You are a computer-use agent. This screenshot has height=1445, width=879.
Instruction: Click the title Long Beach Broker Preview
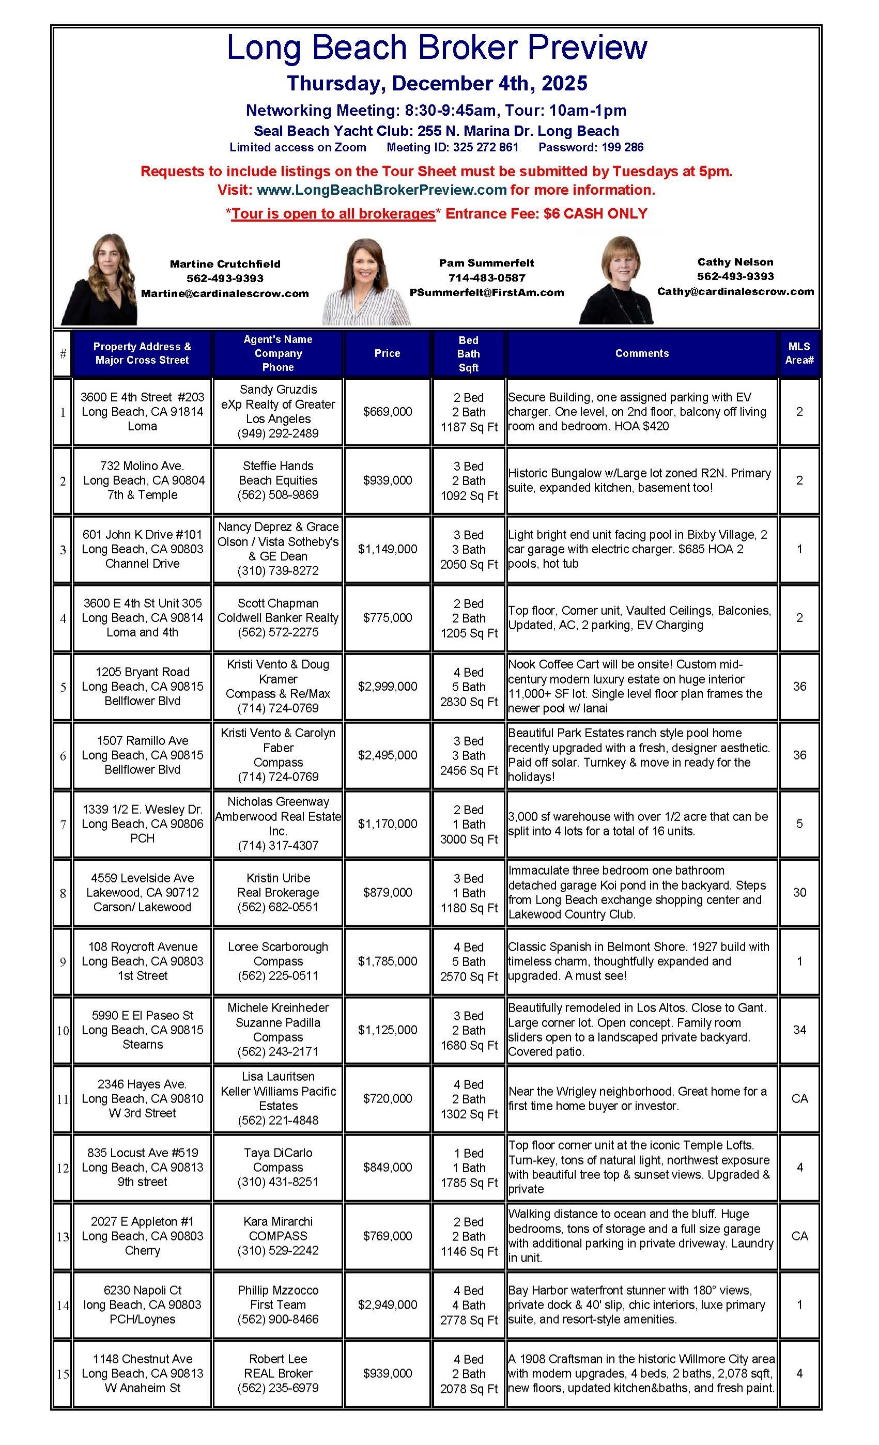tap(437, 48)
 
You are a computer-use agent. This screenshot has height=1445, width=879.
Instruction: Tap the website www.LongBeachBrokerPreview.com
tap(381, 190)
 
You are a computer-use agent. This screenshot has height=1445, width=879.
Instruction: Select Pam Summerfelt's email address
tap(486, 292)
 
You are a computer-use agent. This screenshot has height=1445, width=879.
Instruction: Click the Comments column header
tap(641, 353)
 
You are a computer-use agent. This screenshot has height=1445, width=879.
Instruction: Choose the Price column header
tap(387, 353)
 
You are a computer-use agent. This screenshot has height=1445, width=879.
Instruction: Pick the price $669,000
tap(387, 412)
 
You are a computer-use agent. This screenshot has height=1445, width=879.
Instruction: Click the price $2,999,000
tap(387, 686)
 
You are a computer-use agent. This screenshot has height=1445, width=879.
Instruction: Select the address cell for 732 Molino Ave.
tap(142, 480)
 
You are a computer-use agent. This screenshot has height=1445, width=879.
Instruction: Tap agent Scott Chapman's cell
tap(277, 617)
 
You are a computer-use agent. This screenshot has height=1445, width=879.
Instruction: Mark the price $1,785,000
tap(387, 961)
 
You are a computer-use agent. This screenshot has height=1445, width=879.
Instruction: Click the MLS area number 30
tap(799, 892)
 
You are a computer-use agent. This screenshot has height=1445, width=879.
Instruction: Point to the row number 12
tap(63, 1168)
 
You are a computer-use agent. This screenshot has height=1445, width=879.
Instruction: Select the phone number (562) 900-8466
tap(277, 1319)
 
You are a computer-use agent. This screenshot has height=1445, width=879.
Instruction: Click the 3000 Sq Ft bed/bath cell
tap(468, 824)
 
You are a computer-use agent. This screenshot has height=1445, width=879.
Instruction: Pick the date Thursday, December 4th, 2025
tap(437, 83)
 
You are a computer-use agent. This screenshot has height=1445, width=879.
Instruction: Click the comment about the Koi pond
tap(641, 892)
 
